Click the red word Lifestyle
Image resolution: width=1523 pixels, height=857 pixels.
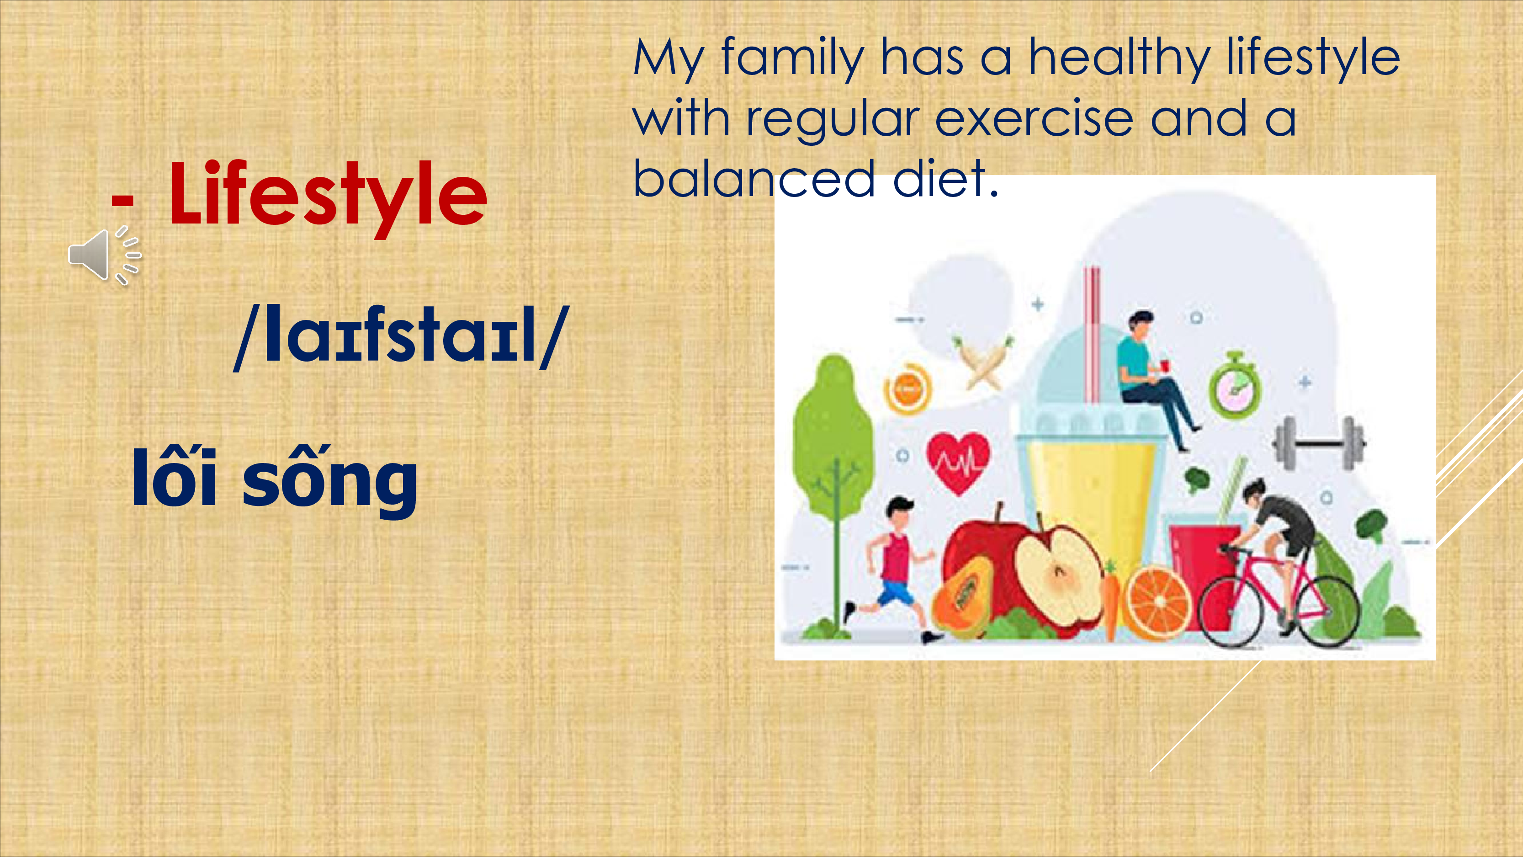pos(328,195)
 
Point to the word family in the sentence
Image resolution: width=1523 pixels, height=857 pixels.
pos(793,58)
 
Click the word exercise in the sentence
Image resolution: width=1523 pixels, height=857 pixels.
pos(1034,120)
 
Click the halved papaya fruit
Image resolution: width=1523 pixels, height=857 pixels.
pos(961,597)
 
